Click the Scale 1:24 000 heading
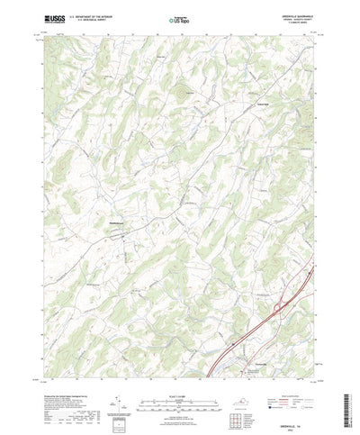click(180, 364)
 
